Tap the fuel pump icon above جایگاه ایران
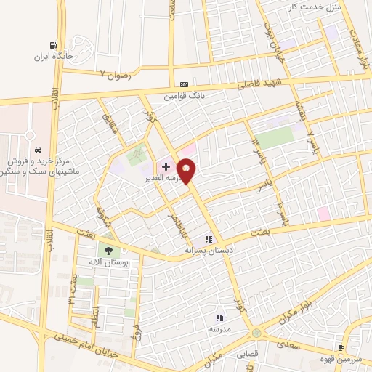52,44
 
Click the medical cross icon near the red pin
166,166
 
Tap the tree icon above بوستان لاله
108,250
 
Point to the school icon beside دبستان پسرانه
209,238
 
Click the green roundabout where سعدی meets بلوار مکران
256,333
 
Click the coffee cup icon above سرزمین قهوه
341,348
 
